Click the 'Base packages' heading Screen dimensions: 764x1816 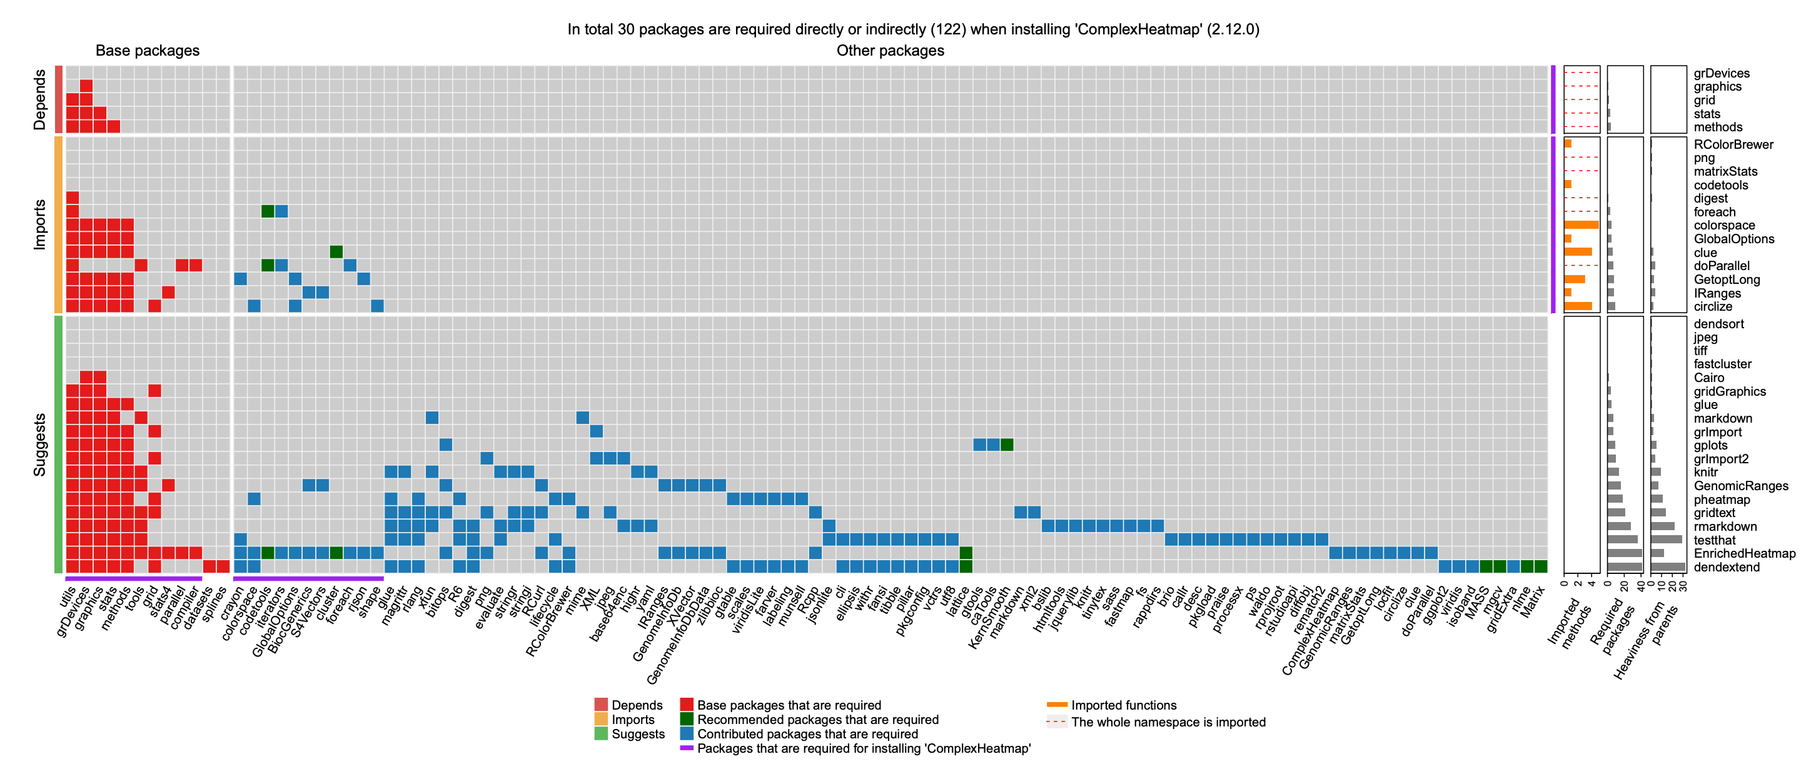pos(148,51)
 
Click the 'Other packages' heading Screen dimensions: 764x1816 pos(890,51)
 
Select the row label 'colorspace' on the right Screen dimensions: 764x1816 pos(1723,226)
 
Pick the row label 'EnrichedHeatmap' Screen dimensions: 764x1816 pos(1744,554)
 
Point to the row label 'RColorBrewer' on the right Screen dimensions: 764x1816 pos(1733,144)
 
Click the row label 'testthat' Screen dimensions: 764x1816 pos(1715,541)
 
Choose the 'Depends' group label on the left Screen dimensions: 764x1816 pos(39,99)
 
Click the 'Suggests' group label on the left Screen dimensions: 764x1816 pos(39,445)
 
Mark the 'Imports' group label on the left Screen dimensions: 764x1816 pos(39,224)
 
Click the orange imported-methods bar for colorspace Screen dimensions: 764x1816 pos(1580,225)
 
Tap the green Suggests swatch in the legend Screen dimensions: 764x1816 pos(600,734)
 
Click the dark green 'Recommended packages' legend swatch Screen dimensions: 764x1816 pos(687,720)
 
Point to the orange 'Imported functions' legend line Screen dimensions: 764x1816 pos(1056,705)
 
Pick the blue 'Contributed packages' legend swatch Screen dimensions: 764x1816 pos(687,734)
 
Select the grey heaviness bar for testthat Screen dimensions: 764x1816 pos(1666,540)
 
